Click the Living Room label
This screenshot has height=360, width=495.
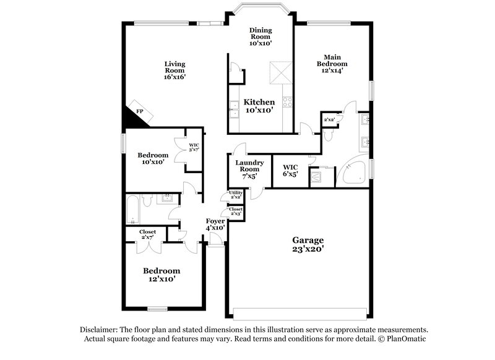point(175,70)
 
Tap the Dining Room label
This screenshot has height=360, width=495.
point(260,36)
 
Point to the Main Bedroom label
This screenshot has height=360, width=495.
point(332,64)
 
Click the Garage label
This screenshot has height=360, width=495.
point(308,244)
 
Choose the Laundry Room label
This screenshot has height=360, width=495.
point(248,169)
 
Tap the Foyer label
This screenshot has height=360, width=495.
point(215,223)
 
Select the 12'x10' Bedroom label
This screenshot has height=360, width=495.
point(161,275)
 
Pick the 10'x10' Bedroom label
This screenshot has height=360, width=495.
point(152,158)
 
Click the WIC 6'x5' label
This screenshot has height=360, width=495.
point(291,170)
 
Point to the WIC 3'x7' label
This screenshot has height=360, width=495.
point(194,148)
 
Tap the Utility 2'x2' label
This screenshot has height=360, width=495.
point(236,195)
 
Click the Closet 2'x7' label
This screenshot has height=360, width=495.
point(147,234)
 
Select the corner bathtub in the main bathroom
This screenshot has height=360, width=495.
point(356,171)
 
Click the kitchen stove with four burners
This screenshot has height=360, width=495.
point(288,102)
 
